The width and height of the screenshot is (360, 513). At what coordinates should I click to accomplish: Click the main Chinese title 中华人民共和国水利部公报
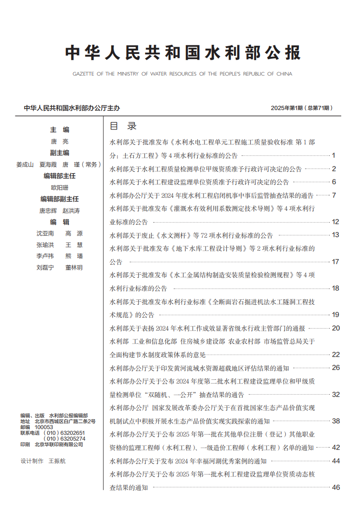(x=182, y=53)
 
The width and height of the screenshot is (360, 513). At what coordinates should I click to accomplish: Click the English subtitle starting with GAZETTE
(x=182, y=74)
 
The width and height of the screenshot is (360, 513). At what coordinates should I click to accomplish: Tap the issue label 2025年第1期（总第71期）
(x=302, y=108)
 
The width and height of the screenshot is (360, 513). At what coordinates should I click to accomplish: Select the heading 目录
(x=124, y=126)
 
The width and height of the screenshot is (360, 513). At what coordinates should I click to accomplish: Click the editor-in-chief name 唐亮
(x=60, y=141)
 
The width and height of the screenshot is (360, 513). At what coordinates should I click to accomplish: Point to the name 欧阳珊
(x=60, y=188)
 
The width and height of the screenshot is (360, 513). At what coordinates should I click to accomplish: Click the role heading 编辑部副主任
(x=60, y=199)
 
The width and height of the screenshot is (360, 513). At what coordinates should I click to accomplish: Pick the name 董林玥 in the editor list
(x=74, y=268)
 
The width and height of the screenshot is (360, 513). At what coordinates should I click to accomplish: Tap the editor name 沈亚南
(x=45, y=233)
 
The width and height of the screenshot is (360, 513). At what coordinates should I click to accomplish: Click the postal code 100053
(x=44, y=427)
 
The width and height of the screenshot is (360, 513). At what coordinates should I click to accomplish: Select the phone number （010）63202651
(x=64, y=433)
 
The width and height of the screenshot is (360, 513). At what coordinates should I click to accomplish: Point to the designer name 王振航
(x=57, y=461)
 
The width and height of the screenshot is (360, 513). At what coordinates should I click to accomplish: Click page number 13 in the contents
(x=335, y=235)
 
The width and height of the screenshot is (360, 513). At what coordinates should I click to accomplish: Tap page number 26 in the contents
(x=335, y=368)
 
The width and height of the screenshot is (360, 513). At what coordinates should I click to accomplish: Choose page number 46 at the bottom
(x=335, y=487)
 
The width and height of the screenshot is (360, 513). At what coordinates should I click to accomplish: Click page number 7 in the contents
(x=334, y=195)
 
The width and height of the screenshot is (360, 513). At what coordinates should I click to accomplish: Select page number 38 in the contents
(x=335, y=421)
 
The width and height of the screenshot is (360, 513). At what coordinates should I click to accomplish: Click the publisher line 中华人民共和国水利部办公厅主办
(x=72, y=108)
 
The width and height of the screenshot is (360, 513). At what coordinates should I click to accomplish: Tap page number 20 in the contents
(x=335, y=328)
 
